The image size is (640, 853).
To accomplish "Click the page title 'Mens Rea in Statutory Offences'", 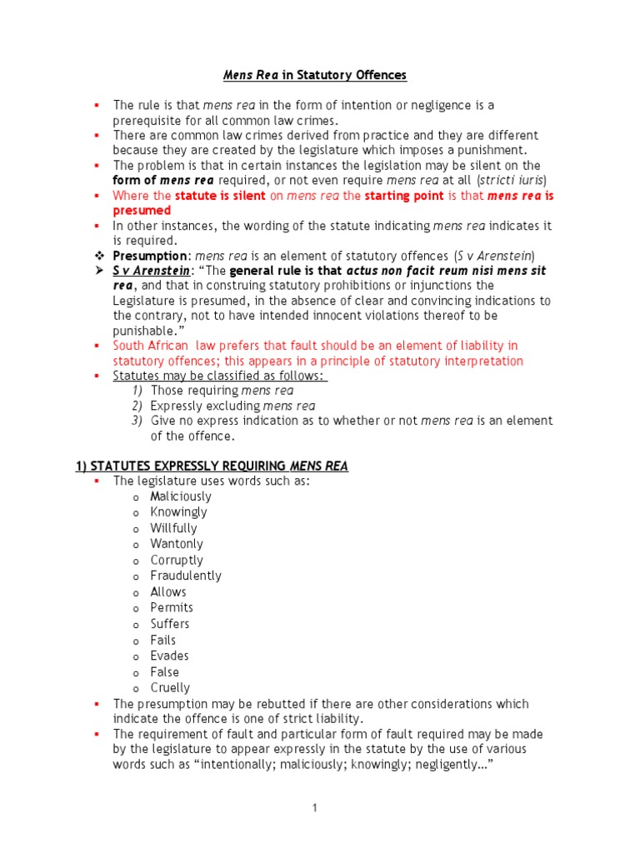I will coord(315,76).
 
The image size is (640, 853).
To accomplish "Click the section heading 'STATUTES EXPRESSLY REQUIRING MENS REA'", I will coord(212,466).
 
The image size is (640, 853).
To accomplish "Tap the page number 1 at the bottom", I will coord(315,807).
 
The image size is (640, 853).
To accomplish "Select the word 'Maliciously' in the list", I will coord(181,496).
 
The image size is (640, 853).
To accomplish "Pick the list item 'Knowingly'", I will coord(178,512).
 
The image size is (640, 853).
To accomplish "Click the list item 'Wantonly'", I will coord(176,544).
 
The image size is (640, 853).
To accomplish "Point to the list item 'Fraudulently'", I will coord(186,576).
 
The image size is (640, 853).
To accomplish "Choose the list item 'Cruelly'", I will coord(170,688).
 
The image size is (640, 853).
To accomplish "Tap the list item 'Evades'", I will coord(169,656).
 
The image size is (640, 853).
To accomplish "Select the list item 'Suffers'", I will coord(170,624).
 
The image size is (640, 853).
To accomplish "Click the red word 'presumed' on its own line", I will coord(136,211).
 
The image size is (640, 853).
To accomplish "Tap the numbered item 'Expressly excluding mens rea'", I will coord(232,406).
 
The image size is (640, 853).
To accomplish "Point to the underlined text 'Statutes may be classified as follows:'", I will coord(220,376).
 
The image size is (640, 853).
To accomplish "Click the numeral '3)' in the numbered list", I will coord(138,422).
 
